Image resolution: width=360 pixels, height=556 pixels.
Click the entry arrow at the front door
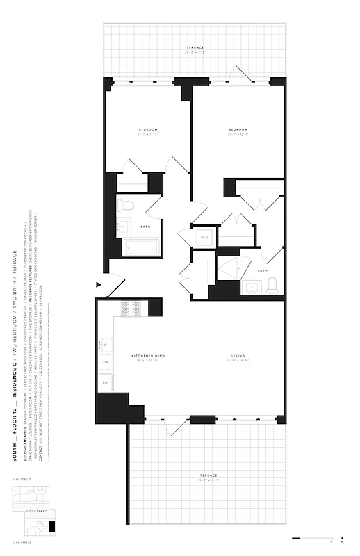point(99,284)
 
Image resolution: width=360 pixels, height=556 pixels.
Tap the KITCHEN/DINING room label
point(147,357)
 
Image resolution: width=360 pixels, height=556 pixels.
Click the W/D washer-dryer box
point(204,238)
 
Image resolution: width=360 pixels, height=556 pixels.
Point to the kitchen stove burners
point(131,308)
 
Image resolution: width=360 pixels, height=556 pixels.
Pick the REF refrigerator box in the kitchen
point(106,382)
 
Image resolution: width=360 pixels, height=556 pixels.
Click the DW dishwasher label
point(106,362)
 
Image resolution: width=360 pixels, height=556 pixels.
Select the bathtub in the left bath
point(141,247)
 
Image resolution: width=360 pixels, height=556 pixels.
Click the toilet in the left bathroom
point(125,205)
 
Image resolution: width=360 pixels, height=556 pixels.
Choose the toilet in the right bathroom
point(272,284)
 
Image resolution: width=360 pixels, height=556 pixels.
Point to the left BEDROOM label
point(147,130)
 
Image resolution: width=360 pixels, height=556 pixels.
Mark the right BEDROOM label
point(238,130)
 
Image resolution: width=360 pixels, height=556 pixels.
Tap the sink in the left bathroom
point(125,226)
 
